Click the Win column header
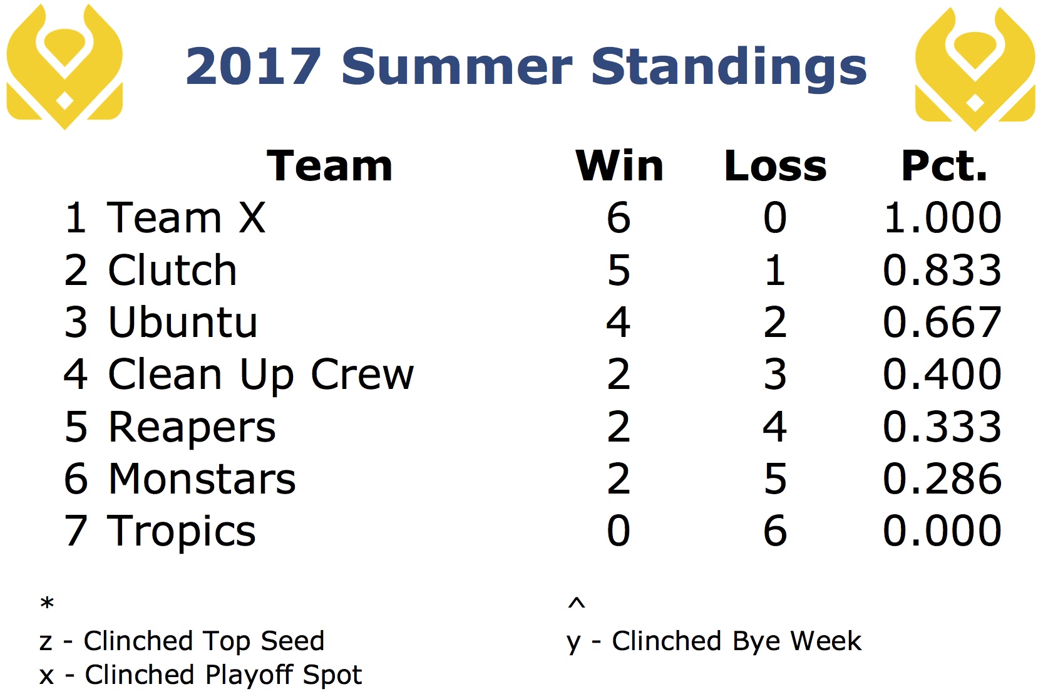click(619, 166)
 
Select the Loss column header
click(775, 166)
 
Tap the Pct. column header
click(944, 166)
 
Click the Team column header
click(330, 166)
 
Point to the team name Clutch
click(172, 270)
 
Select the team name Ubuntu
click(183, 323)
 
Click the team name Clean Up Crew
click(260, 375)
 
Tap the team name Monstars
click(202, 479)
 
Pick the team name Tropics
click(182, 532)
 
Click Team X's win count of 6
click(619, 217)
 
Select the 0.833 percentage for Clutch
click(942, 270)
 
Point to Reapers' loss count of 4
click(775, 427)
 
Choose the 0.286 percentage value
click(942, 479)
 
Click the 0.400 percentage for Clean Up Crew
click(942, 375)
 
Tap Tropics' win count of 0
click(619, 531)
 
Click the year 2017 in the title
click(254, 66)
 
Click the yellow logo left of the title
click(64, 66)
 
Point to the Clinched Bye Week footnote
click(714, 642)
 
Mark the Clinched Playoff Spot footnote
click(201, 675)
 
